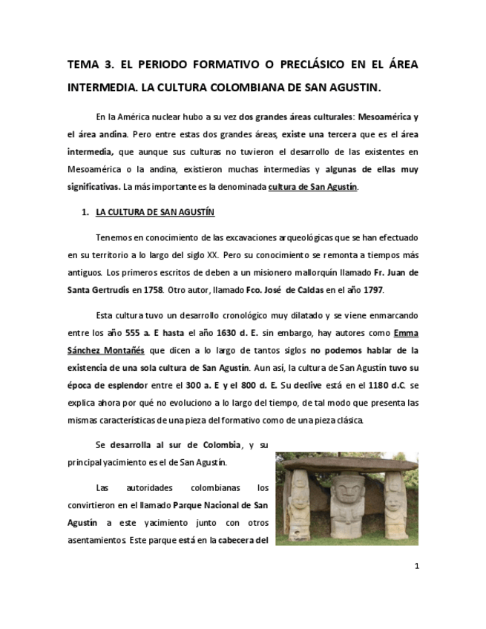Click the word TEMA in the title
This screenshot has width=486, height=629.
pos(83,65)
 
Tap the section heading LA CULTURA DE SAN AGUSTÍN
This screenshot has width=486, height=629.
pos(155,213)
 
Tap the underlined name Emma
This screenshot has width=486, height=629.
pos(406,332)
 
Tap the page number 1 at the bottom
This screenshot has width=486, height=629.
pos(417,566)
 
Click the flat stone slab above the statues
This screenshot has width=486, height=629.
pos(347,464)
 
